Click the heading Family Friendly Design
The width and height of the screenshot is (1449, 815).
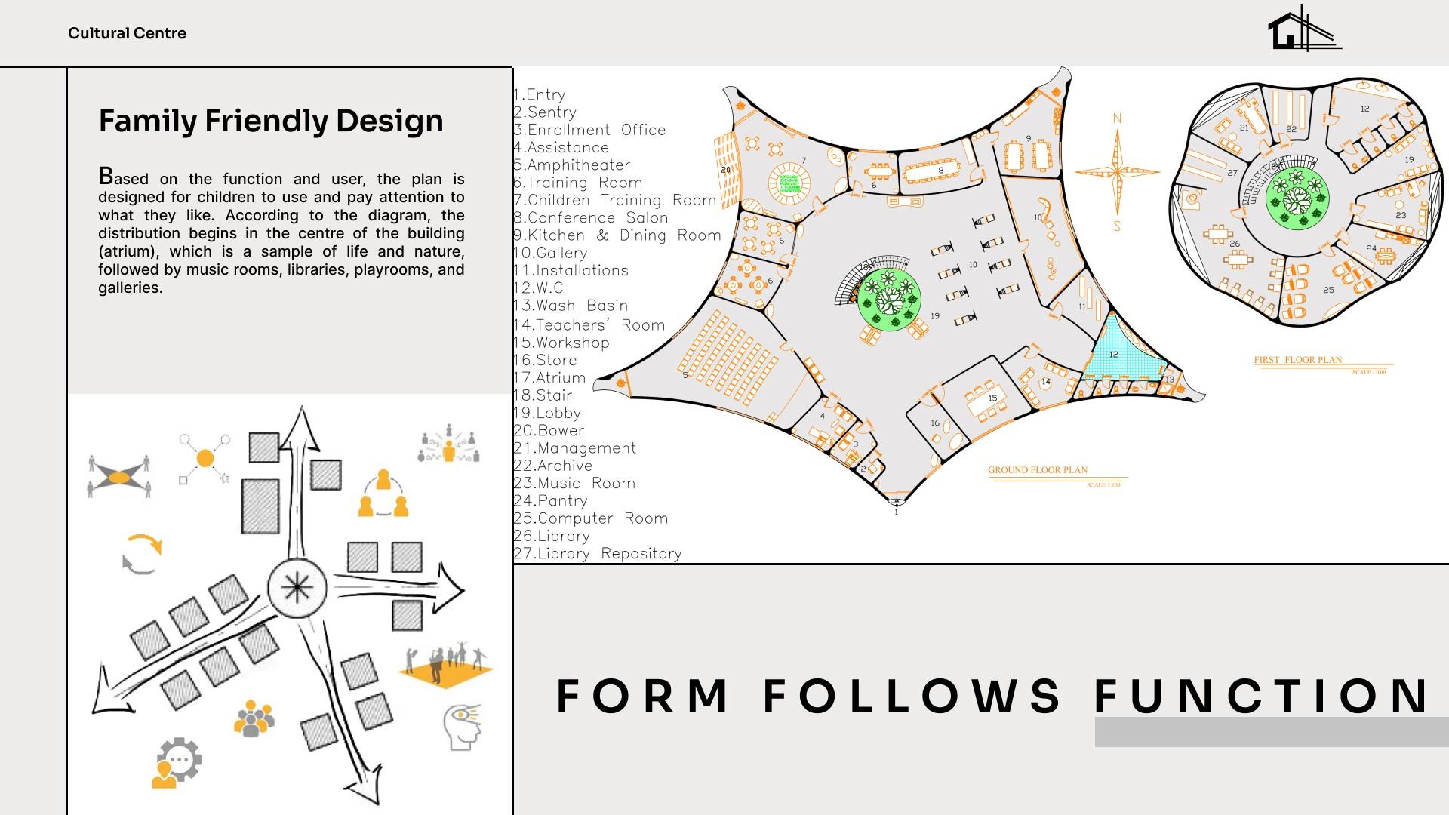pyautogui.click(x=271, y=121)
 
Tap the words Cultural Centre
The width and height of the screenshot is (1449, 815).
pyautogui.click(x=127, y=33)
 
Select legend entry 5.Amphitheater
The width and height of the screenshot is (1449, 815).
pyautogui.click(x=571, y=165)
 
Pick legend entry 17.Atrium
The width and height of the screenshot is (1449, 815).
pyautogui.click(x=549, y=378)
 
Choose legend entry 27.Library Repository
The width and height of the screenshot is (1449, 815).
pyautogui.click(x=598, y=554)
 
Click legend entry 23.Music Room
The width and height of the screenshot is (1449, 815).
pyautogui.click(x=574, y=484)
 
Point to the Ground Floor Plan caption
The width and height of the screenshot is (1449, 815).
pyautogui.click(x=1038, y=470)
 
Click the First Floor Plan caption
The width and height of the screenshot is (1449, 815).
pyautogui.click(x=1298, y=360)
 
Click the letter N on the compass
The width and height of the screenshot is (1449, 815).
pyautogui.click(x=1117, y=118)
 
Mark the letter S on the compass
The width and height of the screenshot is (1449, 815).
pyautogui.click(x=1117, y=226)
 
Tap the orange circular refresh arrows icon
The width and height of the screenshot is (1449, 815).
pyautogui.click(x=142, y=554)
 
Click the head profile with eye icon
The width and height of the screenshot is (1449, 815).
pyautogui.click(x=462, y=726)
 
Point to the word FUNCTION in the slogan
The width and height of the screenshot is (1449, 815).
pyautogui.click(x=1262, y=696)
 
